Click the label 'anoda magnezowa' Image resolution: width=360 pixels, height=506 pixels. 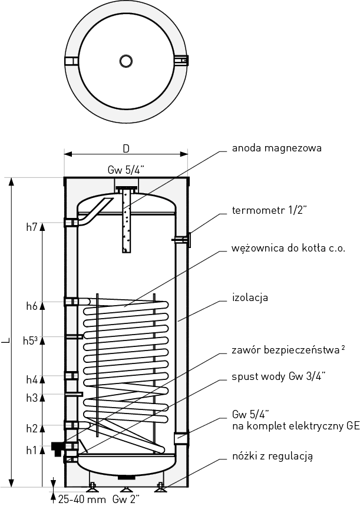[277, 148]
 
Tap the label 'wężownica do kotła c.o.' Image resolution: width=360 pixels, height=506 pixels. [289, 248]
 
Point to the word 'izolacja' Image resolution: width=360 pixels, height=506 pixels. [250, 297]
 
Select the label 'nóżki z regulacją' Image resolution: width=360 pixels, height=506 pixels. [272, 455]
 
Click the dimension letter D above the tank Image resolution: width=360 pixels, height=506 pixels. [125, 147]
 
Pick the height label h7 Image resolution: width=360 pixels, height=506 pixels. [32, 226]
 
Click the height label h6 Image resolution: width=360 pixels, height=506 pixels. [32, 306]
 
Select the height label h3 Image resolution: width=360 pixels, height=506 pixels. [32, 398]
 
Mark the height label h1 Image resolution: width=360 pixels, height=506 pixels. [32, 451]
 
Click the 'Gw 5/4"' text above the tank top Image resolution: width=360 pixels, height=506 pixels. [126, 170]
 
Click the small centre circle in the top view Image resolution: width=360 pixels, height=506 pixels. [126, 61]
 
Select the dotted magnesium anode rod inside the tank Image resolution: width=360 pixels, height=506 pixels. [126, 223]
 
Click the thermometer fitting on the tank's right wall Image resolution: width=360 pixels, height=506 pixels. [182, 239]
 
